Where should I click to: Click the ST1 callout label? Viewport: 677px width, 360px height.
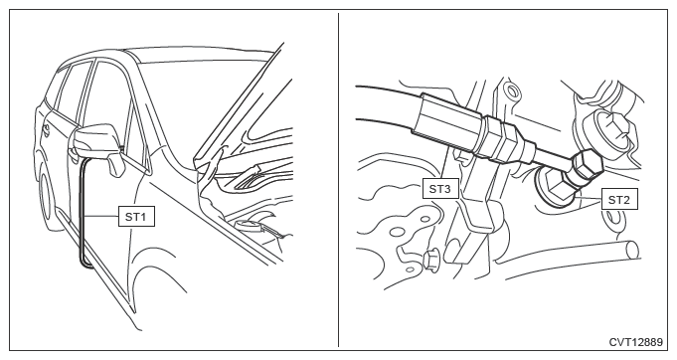click(x=136, y=216)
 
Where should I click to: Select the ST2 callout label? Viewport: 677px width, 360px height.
click(x=619, y=200)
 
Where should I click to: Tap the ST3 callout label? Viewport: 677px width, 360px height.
click(x=440, y=189)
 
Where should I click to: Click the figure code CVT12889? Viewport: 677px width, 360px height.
click(x=635, y=342)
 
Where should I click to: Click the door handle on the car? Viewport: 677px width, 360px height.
click(x=46, y=130)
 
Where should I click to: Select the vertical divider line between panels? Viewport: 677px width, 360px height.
click(x=338, y=180)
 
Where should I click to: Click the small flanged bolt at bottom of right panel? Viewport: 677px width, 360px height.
click(x=429, y=261)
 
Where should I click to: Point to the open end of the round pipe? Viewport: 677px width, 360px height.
click(x=632, y=250)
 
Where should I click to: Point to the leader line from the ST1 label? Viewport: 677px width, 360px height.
click(x=101, y=216)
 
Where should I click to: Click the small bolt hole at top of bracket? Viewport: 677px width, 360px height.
click(x=512, y=91)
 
